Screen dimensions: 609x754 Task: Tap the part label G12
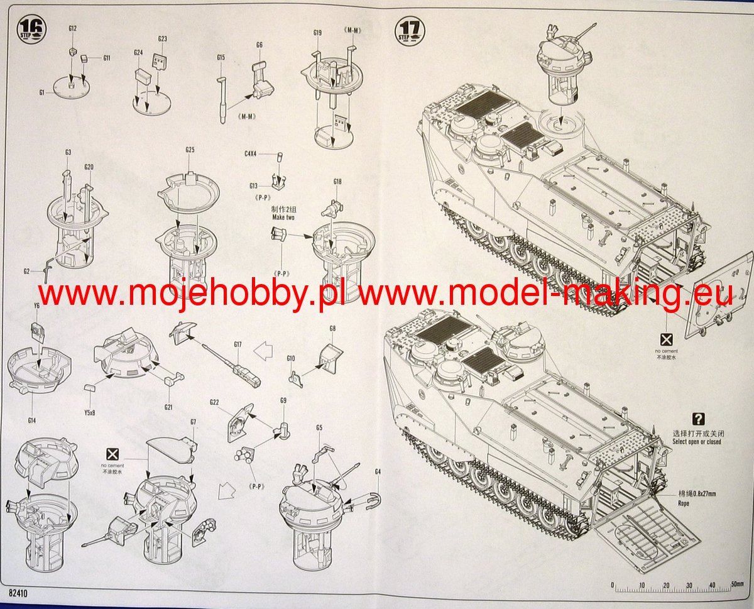72,29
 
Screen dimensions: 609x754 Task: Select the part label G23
162,39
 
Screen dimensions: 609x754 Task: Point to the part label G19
317,33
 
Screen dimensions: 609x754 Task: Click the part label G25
190,150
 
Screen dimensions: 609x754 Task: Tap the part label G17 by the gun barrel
238,344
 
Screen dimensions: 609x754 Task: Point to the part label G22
214,402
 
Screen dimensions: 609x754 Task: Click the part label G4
378,471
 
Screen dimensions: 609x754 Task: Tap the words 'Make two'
283,217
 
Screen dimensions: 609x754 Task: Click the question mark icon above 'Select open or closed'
697,419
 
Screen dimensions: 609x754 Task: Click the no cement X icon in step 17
667,339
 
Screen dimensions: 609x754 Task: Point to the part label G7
193,421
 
